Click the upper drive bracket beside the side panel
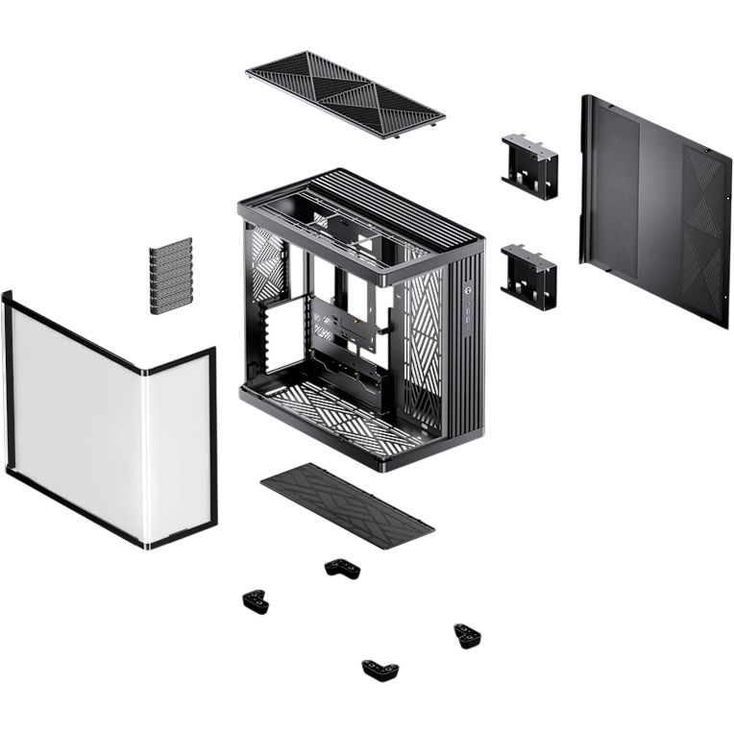pyautogui.click(x=529, y=165)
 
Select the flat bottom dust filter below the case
pyautogui.click(x=347, y=504)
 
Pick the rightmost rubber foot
pyautogui.click(x=469, y=634)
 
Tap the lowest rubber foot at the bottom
pyautogui.click(x=380, y=669)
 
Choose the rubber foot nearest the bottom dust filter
pyautogui.click(x=342, y=568)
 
